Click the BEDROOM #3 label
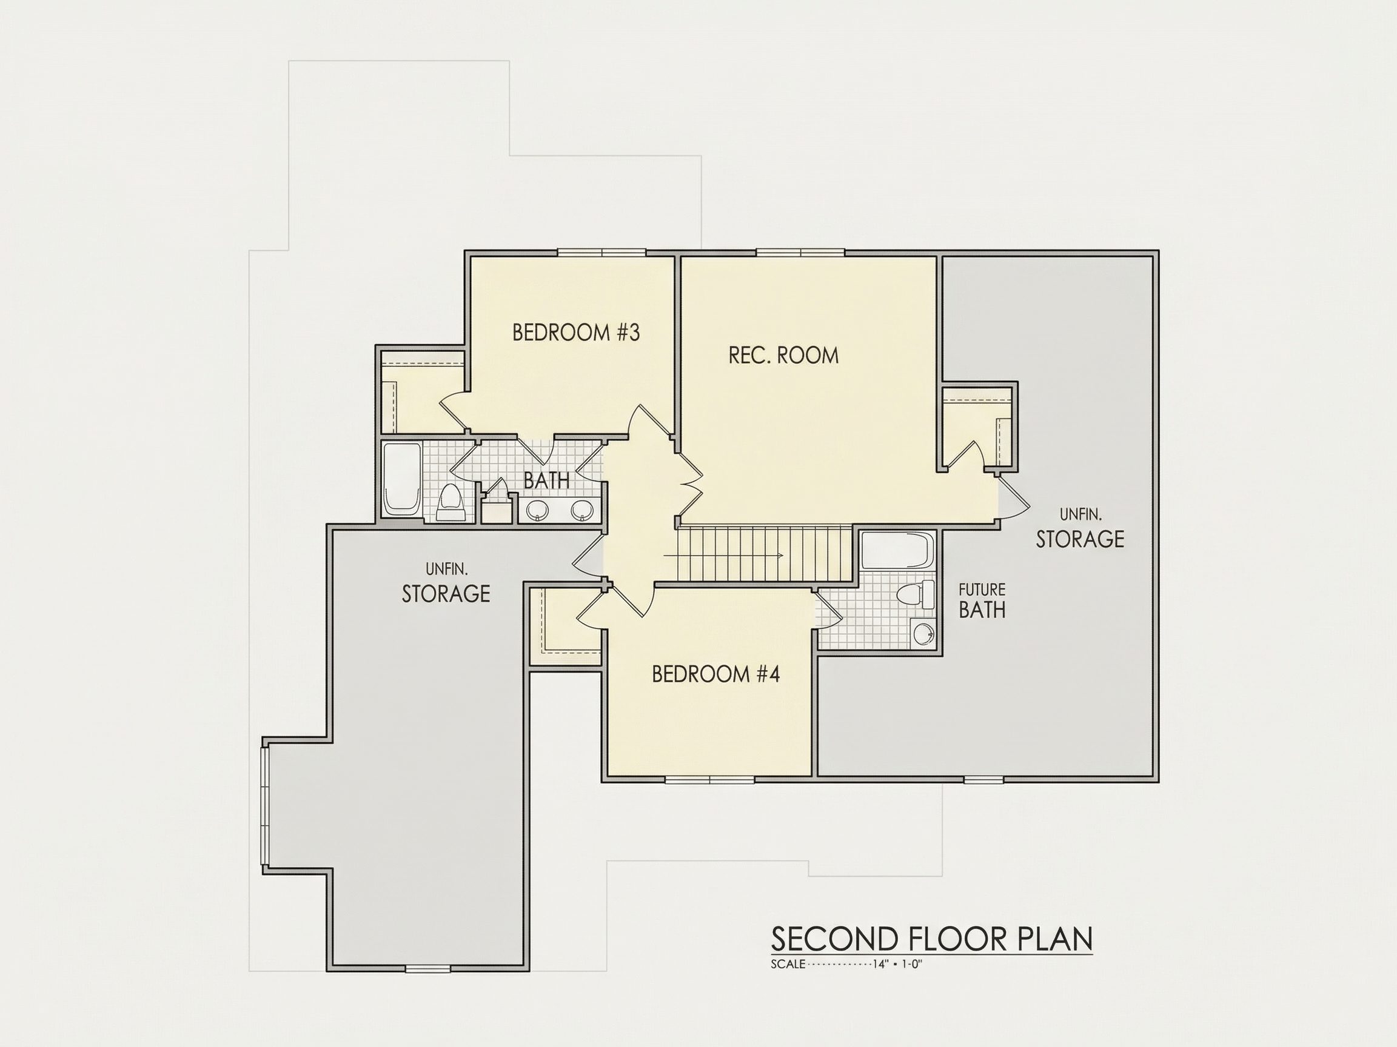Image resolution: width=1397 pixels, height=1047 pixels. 576,333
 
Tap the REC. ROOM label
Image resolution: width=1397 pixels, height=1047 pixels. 784,355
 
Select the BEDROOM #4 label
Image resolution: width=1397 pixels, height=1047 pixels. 715,674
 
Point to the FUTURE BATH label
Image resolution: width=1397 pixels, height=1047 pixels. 982,601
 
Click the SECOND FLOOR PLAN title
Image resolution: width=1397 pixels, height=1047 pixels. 931,940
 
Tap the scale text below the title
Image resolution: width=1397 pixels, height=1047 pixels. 847,965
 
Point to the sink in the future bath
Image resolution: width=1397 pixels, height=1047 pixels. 923,633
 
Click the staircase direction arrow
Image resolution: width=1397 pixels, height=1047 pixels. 723,556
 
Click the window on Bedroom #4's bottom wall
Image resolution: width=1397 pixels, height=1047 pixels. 710,779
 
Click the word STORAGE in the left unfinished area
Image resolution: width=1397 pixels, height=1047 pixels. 446,594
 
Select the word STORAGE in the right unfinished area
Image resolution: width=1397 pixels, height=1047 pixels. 1080,539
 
